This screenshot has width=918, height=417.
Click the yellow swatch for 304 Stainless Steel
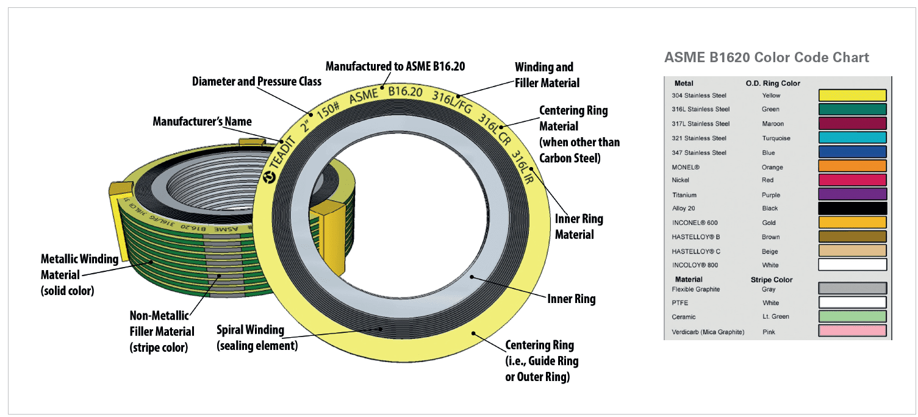click(852, 95)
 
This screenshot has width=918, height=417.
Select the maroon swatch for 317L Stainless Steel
click(852, 124)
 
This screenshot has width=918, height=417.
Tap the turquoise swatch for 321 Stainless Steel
click(852, 138)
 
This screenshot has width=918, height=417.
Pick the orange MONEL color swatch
click(852, 166)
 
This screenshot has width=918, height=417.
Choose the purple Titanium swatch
click(852, 194)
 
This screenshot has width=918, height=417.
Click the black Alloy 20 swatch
click(852, 208)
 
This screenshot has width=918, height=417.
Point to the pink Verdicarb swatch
click(852, 331)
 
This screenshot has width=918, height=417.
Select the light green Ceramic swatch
click(852, 316)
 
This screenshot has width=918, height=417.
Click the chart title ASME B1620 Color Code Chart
click(767, 58)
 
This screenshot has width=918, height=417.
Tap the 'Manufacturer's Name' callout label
click(202, 121)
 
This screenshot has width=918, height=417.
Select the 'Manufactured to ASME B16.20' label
click(395, 66)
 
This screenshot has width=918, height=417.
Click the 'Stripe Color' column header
click(771, 280)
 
